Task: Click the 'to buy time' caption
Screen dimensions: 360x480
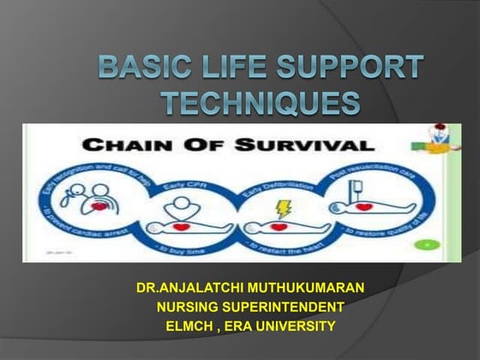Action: pyautogui.click(x=206, y=248)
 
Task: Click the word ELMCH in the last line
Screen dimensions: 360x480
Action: pyautogui.click(x=184, y=325)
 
